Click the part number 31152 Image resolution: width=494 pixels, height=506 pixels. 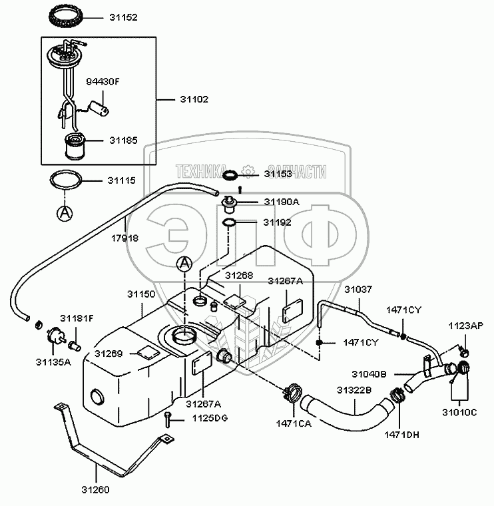(124, 17)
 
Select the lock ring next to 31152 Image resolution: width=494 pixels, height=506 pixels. (67, 15)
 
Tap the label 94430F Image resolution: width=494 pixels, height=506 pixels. (103, 82)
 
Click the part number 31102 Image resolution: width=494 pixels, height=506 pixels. (194, 99)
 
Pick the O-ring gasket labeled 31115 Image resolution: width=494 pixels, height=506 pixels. (65, 180)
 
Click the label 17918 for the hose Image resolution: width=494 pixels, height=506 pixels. (125, 238)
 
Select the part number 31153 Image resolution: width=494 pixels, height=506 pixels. (278, 174)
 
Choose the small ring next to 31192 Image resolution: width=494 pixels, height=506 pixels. (228, 222)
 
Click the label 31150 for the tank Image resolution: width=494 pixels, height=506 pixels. (141, 294)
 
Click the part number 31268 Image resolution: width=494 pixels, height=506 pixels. (238, 275)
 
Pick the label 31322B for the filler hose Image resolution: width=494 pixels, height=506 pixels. (354, 389)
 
